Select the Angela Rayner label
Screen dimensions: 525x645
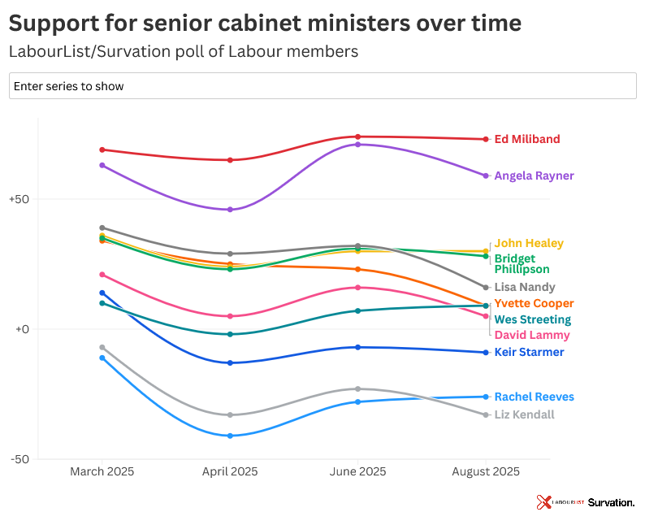534,176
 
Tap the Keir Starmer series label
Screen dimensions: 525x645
529,352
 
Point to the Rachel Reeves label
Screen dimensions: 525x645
534,397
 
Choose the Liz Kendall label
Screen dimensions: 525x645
524,414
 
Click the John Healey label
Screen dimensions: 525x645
528,243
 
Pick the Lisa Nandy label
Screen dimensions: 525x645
525,287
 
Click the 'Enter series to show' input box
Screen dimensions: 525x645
322,85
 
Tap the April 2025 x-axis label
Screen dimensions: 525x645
229,471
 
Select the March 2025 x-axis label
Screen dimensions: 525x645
102,471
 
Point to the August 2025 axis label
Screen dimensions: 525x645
486,471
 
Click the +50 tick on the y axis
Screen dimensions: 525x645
19,199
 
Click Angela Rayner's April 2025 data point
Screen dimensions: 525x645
230,210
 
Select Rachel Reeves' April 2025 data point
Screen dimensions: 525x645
230,436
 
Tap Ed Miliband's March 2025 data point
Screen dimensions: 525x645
102,150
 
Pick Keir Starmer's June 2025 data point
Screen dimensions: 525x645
357,347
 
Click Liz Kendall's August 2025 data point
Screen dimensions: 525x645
486,414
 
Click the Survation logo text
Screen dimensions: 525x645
611,503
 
